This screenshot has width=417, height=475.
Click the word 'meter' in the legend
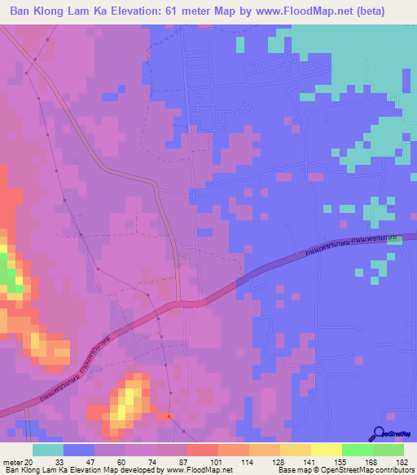click(x=12, y=462)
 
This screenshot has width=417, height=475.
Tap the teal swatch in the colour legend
click(x=48, y=450)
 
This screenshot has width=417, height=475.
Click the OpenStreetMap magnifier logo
click(x=380, y=433)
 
